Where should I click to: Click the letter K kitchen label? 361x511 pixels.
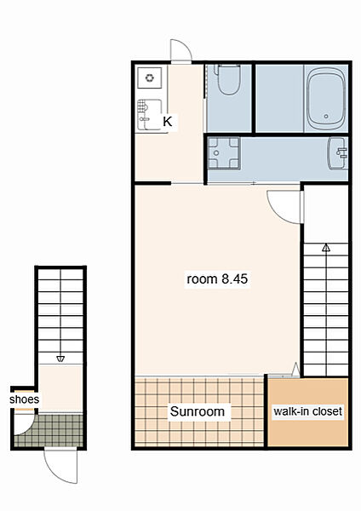coord(168,122)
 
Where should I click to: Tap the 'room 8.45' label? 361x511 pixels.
coord(217,279)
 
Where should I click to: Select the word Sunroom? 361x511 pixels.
coord(198,411)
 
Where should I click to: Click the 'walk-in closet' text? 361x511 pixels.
coord(308,411)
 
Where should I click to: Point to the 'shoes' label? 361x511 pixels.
coord(24,399)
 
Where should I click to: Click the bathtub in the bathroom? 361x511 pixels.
coord(326,99)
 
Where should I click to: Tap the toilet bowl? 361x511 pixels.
coord(229,79)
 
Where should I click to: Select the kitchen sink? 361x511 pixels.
coord(150,114)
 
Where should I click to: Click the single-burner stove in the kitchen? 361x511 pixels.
coord(150,78)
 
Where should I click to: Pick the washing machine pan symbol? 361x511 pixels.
coord(224,152)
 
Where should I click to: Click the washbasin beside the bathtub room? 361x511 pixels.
coord(338,153)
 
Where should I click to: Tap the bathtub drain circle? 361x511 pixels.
coord(326,116)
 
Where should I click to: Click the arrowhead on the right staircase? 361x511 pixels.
coord(326,248)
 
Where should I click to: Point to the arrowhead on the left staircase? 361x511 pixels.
coord(60,359)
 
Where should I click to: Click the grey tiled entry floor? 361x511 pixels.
coord(49,430)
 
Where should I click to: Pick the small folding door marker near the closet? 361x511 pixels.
coord(295,370)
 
